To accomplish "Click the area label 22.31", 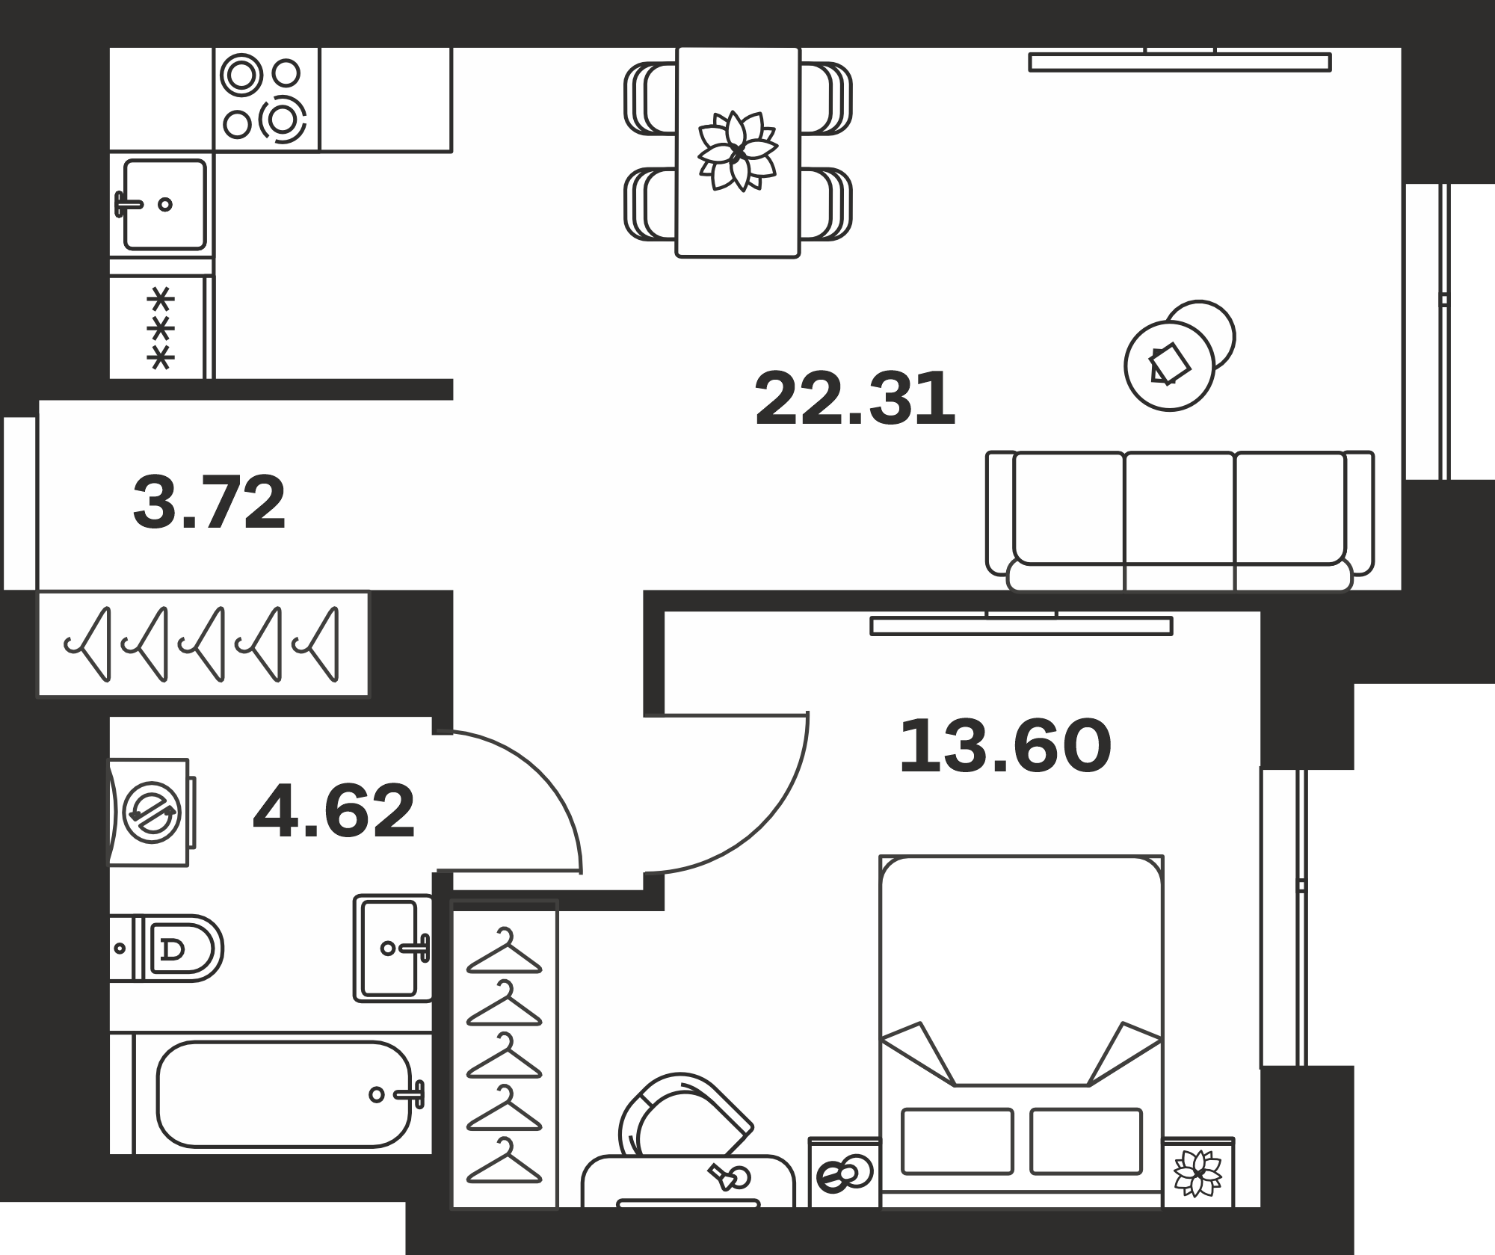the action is tap(855, 399).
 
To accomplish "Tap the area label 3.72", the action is tap(209, 502).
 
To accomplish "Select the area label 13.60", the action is tap(1005, 746).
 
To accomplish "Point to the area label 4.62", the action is tap(334, 811).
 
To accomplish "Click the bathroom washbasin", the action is tap(393, 949).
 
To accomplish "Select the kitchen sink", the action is tap(162, 204).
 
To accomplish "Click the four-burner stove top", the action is tap(267, 99).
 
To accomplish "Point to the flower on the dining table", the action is tap(738, 151).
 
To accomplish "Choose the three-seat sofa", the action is tap(1180, 521).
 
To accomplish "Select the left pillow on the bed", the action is tap(958, 1141).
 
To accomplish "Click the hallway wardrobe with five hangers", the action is tap(203, 644).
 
